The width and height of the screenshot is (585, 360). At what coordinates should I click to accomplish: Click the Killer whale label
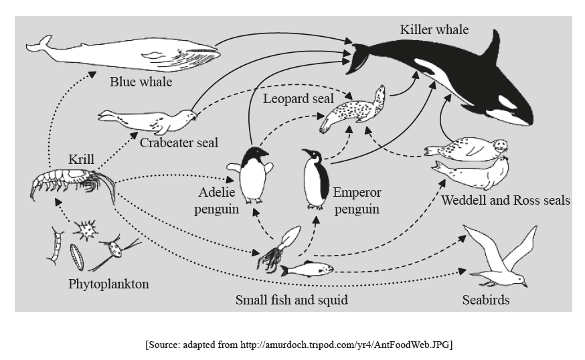434,30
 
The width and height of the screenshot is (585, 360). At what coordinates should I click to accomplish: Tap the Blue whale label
141,82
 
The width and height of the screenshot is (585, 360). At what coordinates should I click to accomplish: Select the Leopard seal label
298,99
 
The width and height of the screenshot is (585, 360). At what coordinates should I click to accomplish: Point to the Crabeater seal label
179,143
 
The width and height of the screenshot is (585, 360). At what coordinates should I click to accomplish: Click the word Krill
81,160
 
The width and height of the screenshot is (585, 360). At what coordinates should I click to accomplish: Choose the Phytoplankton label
108,284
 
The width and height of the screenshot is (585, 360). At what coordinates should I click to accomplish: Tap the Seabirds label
485,300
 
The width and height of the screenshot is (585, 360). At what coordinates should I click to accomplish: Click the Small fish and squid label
291,300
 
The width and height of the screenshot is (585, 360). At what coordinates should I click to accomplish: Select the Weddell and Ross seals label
505,200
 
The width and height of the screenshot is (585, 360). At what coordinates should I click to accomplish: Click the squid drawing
276,250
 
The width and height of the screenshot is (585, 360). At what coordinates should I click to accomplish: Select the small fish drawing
307,270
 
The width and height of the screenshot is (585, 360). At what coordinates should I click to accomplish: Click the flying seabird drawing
503,258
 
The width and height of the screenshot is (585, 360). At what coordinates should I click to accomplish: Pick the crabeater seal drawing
151,121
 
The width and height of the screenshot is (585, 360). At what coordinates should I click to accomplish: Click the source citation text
298,345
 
